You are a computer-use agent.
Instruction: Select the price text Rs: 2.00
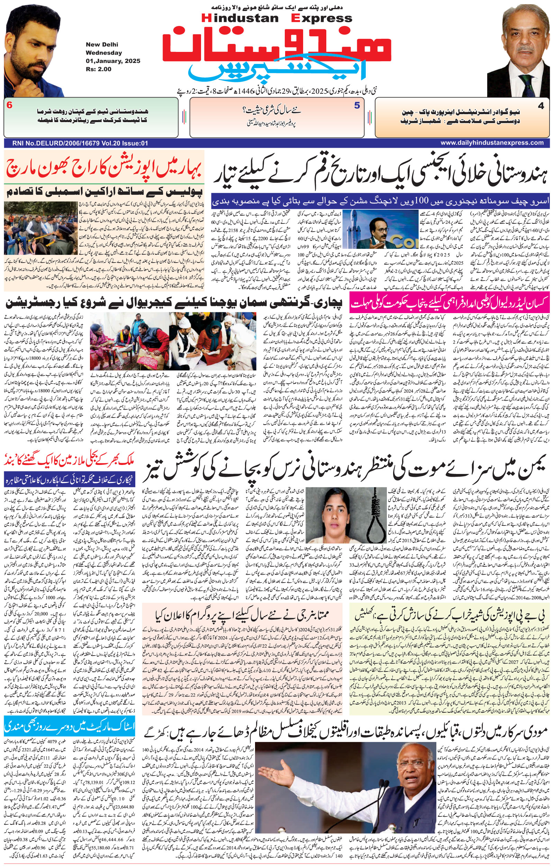[98, 69]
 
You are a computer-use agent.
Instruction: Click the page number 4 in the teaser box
[540, 106]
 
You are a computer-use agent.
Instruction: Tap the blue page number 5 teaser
[357, 106]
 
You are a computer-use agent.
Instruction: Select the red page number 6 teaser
[9, 105]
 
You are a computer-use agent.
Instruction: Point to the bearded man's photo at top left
[33, 51]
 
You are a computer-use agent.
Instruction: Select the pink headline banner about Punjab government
[449, 302]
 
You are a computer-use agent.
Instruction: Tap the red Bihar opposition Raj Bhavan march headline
[104, 168]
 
